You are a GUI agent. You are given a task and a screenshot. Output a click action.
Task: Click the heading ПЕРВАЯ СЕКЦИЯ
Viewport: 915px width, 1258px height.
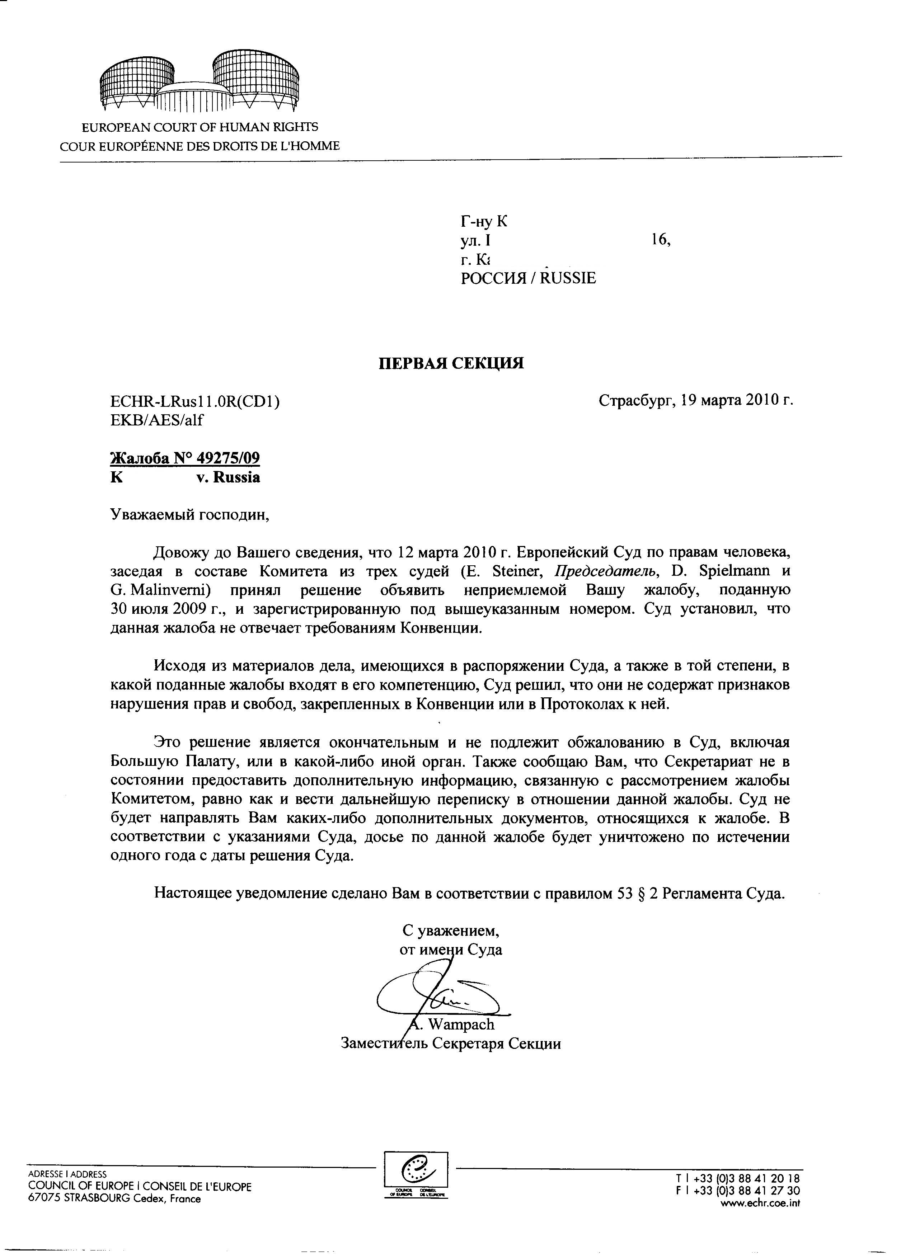tap(451, 363)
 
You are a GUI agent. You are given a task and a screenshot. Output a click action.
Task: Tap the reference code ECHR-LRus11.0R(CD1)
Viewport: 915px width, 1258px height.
tap(195, 400)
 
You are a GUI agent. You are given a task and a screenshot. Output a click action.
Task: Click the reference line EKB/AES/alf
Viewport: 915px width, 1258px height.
tap(157, 420)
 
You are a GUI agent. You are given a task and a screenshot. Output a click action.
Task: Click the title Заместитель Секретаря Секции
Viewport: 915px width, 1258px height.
tap(451, 1043)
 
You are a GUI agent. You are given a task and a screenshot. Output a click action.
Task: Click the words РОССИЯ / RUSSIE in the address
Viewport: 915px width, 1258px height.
tap(528, 278)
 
